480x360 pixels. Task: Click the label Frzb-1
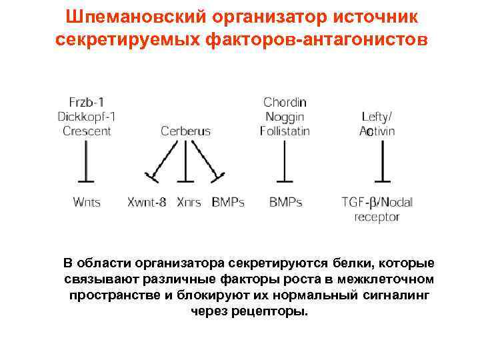pos(86,103)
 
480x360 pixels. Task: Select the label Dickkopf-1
pos(86,117)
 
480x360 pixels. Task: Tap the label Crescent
pos(86,131)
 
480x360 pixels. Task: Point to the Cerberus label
pos(185,131)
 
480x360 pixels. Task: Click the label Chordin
pos(285,103)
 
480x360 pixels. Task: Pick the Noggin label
pos(285,117)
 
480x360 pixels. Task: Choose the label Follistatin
pos(285,131)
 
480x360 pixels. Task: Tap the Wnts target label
pos(86,201)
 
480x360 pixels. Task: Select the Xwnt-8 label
pos(147,201)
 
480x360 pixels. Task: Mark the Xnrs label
pos(189,201)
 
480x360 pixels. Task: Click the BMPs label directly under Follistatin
pos(285,201)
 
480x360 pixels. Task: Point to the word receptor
pos(377,217)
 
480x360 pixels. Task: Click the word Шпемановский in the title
pos(127,15)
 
